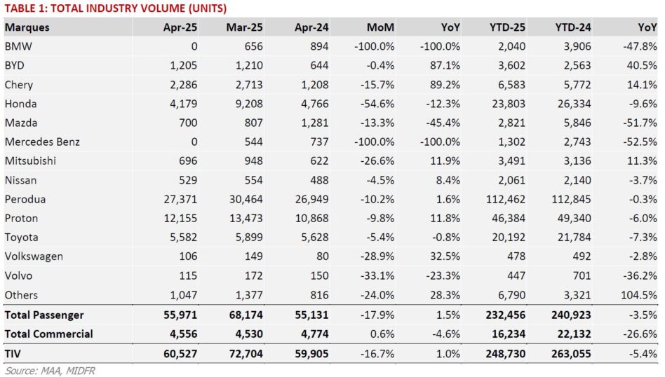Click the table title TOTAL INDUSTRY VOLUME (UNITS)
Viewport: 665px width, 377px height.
click(x=139, y=8)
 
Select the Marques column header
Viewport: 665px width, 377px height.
click(x=27, y=27)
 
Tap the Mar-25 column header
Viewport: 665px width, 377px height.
click(x=244, y=27)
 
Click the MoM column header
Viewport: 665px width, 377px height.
click(x=380, y=27)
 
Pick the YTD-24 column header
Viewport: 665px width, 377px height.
click(x=573, y=27)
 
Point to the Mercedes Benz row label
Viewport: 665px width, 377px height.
click(x=42, y=142)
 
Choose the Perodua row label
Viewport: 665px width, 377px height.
click(x=25, y=199)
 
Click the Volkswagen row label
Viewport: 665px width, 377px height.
click(x=34, y=256)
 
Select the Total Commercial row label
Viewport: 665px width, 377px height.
click(x=49, y=334)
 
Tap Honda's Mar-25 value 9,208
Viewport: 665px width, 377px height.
click(x=249, y=104)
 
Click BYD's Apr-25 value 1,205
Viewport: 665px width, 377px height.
click(x=184, y=66)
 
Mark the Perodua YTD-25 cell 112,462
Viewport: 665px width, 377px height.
click(x=505, y=199)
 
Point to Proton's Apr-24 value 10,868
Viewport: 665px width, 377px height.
click(x=311, y=219)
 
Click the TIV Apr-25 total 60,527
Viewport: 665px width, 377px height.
click(x=180, y=354)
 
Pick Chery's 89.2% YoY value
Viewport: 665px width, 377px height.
click(x=445, y=85)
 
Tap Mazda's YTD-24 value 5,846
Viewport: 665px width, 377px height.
click(x=577, y=123)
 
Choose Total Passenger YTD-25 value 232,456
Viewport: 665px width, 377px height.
click(x=505, y=315)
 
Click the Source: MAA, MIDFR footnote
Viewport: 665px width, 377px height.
click(x=50, y=371)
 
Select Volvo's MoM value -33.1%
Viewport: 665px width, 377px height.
click(x=377, y=276)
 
